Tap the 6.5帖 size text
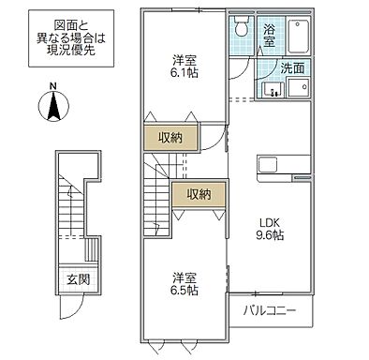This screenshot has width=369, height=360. coord(184,291)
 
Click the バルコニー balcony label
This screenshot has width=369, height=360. coord(271,310)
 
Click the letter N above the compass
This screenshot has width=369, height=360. coord(53,88)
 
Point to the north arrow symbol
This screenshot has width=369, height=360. coord(53,108)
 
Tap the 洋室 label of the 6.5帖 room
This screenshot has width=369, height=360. coord(184,277)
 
